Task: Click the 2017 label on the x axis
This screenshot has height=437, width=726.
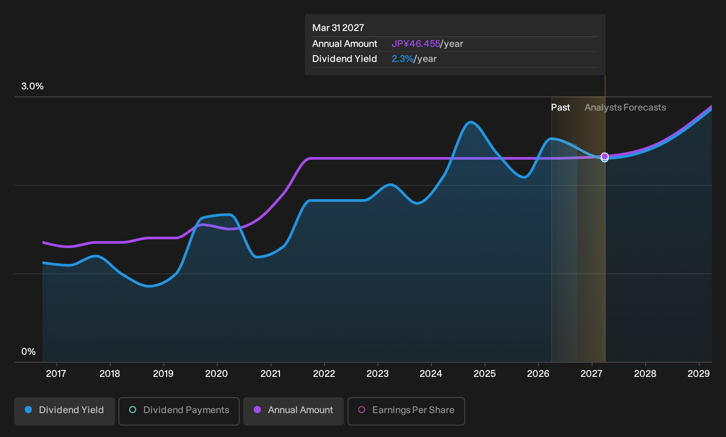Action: pos(56,373)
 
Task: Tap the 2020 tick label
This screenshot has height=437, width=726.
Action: pos(217,373)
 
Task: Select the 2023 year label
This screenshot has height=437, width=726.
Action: pos(378,373)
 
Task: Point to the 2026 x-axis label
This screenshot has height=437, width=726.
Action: pos(538,373)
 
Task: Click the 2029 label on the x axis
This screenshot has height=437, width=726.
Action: pos(699,373)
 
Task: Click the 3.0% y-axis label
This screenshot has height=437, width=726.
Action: pos(32,86)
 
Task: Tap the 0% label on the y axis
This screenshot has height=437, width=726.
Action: pos(29,352)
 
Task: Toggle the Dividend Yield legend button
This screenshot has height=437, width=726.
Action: pos(65,411)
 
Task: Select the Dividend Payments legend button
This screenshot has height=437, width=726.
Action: pos(179,411)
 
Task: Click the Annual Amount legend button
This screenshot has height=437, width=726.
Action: pos(293,411)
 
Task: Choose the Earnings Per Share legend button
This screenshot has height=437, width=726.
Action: pos(406,411)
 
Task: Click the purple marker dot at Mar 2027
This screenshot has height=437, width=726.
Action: pos(604,157)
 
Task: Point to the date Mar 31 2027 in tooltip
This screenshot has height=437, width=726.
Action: pos(338,28)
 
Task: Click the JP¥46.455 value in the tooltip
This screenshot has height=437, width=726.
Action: pos(416,44)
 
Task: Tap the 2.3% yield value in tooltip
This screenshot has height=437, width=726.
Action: pos(402,59)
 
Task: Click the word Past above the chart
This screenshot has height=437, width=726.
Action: pos(560,107)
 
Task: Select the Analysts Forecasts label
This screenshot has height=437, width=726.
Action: pos(625,107)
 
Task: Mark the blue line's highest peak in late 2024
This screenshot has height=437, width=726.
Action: pos(470,122)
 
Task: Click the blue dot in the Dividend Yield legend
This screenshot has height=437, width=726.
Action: pos(28,410)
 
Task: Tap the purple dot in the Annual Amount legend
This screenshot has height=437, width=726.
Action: pos(257,410)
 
